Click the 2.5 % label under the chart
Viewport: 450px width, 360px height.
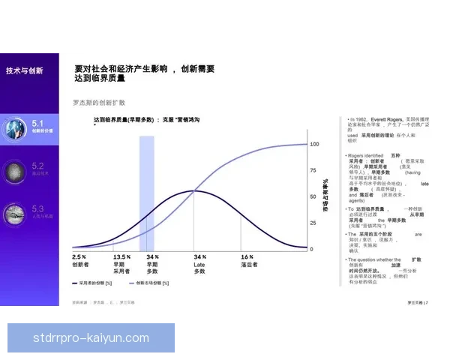point(79,256)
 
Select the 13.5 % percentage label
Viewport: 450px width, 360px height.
point(121,256)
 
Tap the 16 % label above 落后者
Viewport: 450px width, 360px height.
point(247,256)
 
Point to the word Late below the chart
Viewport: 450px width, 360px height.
point(199,264)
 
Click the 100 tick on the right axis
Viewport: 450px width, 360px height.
point(315,144)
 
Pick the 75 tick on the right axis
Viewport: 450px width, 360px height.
point(313,170)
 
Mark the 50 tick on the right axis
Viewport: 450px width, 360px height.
point(313,196)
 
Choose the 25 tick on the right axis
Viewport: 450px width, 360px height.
point(313,223)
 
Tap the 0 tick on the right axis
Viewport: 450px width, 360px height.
point(312,249)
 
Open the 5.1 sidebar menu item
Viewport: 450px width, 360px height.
point(42,125)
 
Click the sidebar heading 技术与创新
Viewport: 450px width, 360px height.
point(25,70)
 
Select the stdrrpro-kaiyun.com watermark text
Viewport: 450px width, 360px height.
point(91,338)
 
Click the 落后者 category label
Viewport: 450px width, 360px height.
point(250,265)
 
